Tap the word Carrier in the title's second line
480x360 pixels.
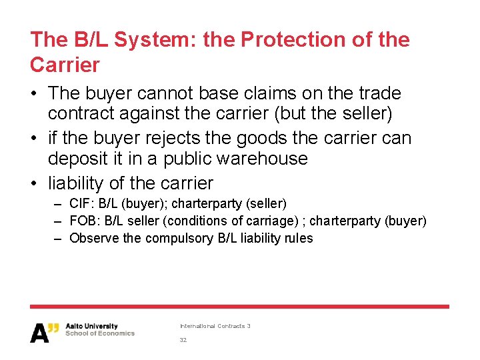65,65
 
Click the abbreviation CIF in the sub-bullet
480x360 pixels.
79,203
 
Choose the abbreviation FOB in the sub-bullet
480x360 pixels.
81,221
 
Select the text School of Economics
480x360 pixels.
100,333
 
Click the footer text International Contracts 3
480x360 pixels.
215,326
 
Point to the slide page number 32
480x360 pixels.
183,340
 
